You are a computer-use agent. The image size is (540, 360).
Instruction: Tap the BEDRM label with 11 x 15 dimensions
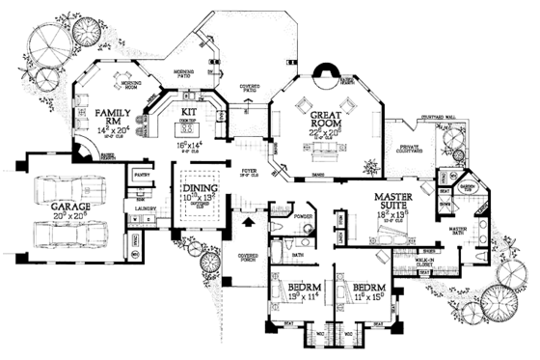coord(368,289)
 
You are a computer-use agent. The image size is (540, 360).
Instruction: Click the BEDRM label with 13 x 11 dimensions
coord(302,289)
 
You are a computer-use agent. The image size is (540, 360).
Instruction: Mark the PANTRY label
coord(142,178)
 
